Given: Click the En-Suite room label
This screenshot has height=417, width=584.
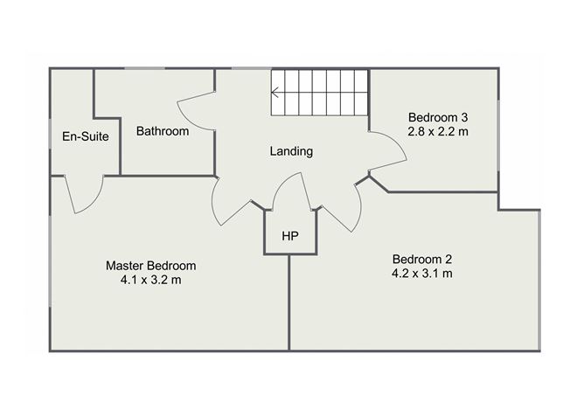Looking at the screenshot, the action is click(x=86, y=136).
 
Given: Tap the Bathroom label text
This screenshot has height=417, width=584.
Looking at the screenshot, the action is click(x=163, y=131).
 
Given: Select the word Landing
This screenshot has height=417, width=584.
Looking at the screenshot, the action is click(x=291, y=151).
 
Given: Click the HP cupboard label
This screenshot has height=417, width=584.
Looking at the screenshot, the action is click(x=290, y=236).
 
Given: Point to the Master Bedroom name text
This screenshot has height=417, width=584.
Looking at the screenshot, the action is click(x=151, y=266).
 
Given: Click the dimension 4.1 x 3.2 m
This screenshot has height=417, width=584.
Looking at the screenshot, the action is click(x=151, y=280).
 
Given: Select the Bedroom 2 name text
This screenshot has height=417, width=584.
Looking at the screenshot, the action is click(x=422, y=259).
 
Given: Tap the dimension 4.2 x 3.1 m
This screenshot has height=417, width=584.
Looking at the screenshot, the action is click(x=422, y=274).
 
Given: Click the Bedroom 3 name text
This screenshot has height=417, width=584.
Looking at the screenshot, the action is click(x=438, y=118).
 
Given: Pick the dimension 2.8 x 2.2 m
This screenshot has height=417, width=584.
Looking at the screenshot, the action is click(x=438, y=132).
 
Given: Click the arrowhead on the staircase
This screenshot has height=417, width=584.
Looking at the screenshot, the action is click(x=275, y=93).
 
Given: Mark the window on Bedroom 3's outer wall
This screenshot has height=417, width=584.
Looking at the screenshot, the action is click(x=498, y=136).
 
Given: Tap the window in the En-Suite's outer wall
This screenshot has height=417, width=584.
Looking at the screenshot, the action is click(x=51, y=134).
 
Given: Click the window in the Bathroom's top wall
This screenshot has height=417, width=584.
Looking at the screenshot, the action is click(x=145, y=68).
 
